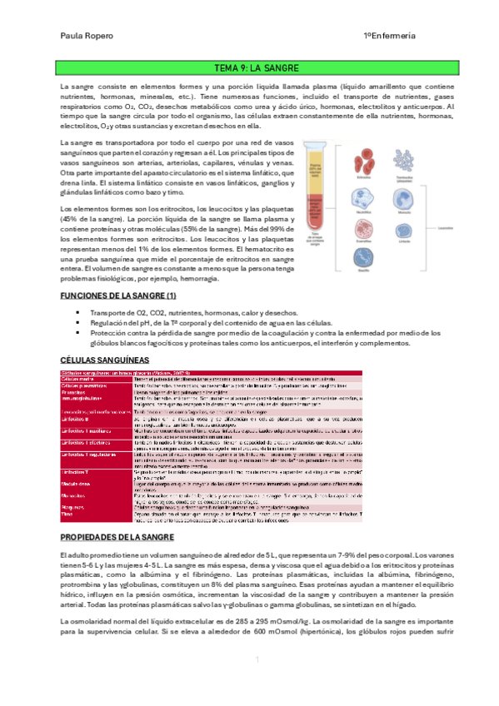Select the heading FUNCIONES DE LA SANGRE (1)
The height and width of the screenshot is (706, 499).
(118, 296)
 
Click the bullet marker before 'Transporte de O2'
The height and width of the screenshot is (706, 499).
(77, 313)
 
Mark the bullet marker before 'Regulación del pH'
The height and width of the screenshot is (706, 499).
(77, 322)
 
